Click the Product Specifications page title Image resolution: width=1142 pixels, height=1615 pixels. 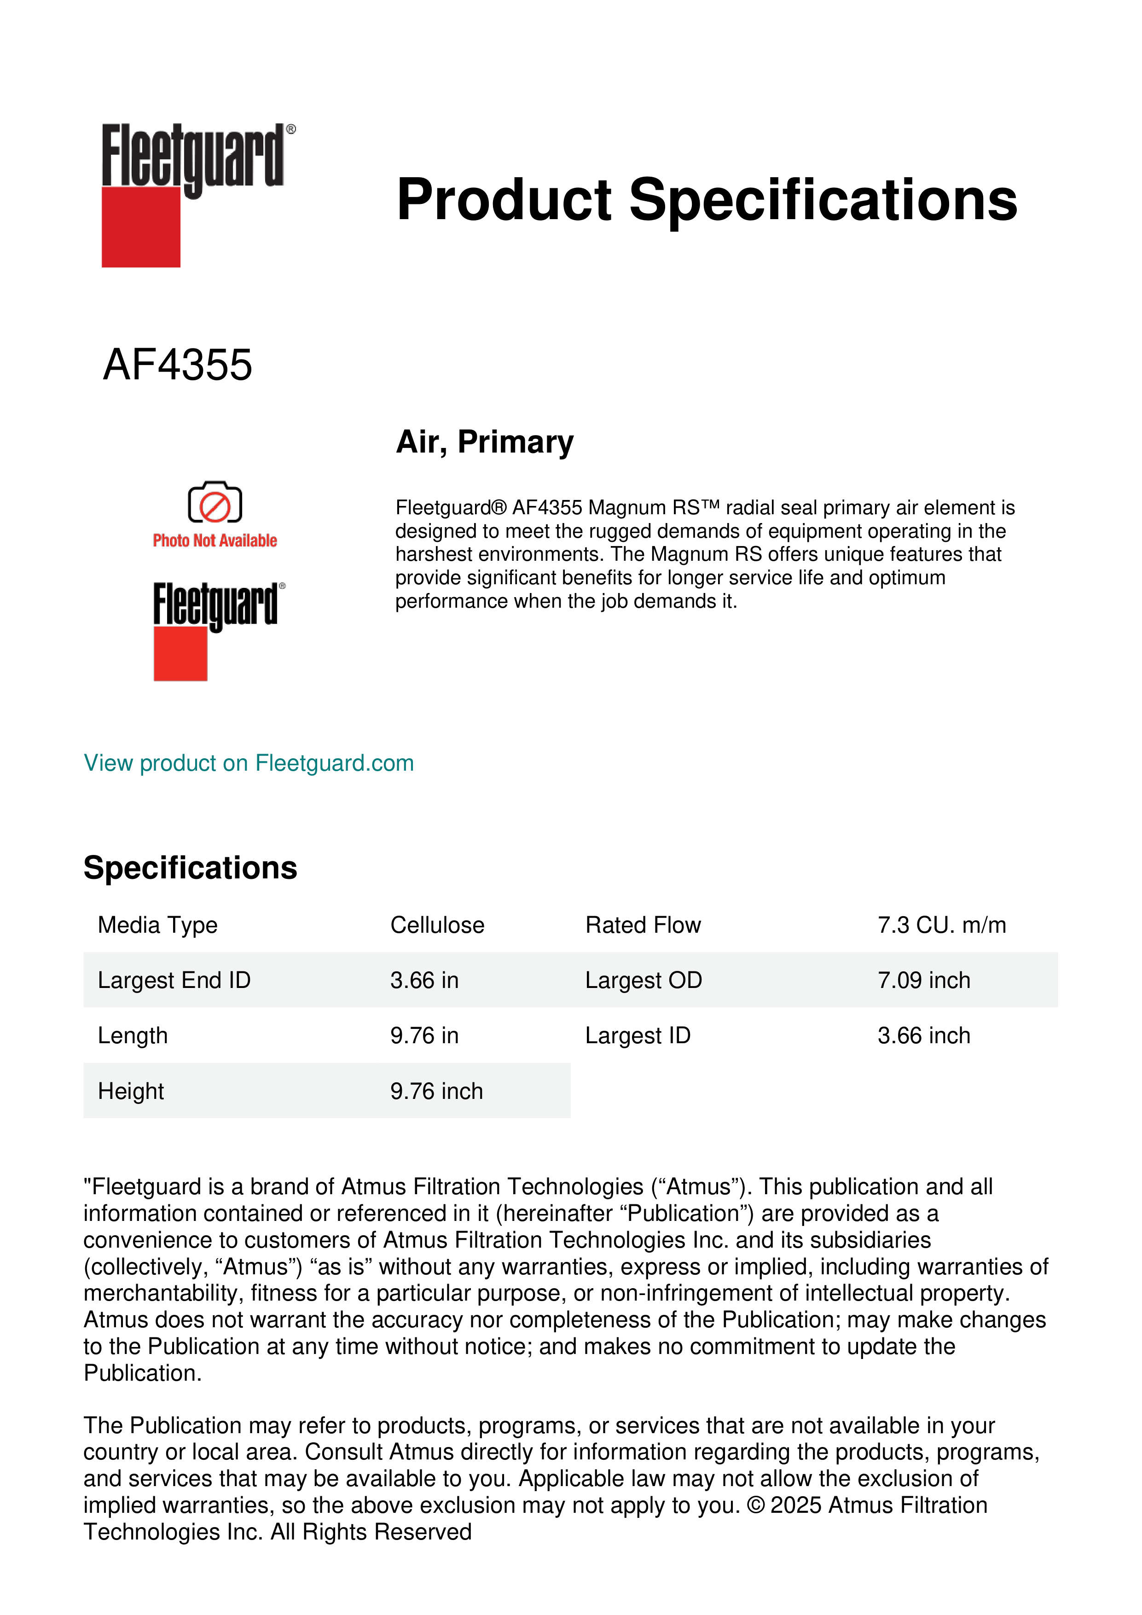click(707, 200)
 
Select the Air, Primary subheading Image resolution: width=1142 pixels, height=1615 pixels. click(485, 442)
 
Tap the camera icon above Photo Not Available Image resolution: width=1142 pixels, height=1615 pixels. click(214, 502)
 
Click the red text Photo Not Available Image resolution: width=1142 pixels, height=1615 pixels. click(214, 540)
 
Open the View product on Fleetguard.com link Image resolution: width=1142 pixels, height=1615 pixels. click(248, 763)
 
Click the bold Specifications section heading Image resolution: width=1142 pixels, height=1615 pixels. click(190, 867)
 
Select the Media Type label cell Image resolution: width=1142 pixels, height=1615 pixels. click(157, 925)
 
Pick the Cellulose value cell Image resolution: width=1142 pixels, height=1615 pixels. click(437, 925)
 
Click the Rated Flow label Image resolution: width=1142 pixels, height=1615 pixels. click(643, 925)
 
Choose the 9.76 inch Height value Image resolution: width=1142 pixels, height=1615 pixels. click(436, 1091)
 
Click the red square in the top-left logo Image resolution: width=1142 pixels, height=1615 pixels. click(141, 227)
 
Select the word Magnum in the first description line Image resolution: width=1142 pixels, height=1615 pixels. click(619, 507)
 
